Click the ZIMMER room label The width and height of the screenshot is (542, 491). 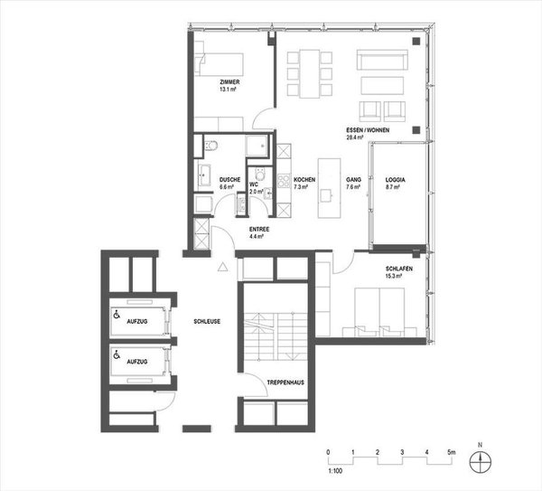tap(229, 83)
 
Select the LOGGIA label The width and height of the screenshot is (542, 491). tap(395, 181)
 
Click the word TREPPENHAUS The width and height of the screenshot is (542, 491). tap(285, 383)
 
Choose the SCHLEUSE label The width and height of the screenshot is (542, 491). tap(207, 321)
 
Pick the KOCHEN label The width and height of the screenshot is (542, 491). tap(304, 181)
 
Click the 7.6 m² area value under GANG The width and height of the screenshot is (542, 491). tap(354, 189)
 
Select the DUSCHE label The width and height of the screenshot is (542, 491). tap(229, 181)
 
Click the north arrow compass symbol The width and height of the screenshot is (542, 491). tap(481, 459)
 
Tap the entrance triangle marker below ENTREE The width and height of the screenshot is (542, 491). tap(222, 266)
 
